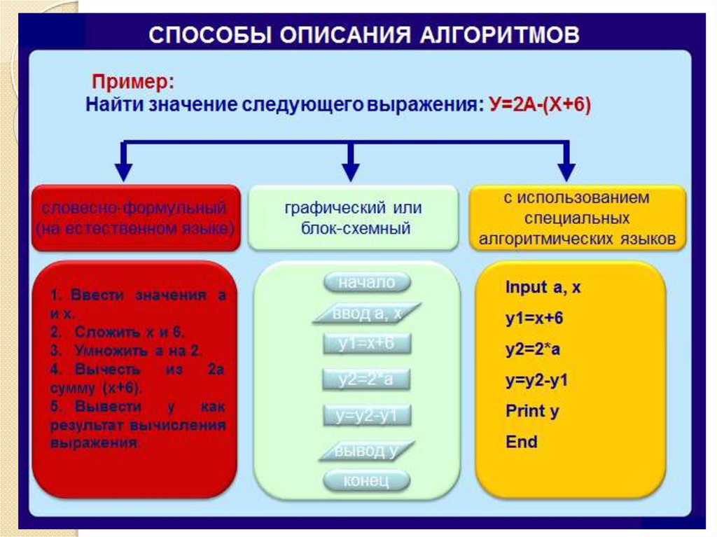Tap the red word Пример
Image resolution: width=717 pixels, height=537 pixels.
131,83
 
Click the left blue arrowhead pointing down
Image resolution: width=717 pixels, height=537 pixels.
124,171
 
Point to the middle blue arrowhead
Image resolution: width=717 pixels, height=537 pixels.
351,171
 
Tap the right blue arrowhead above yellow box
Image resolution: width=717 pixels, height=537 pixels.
566,171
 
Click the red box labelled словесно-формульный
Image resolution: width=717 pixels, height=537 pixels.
134,218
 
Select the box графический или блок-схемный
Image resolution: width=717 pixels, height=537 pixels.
353,218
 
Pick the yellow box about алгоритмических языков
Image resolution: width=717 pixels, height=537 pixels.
576,218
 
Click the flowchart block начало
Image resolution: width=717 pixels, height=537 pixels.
367,283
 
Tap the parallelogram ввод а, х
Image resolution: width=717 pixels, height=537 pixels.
367,314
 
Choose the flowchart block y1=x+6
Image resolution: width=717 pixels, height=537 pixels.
367,344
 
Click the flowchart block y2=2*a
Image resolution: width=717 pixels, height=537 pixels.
367,379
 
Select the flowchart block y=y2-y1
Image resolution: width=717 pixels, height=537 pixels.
367,416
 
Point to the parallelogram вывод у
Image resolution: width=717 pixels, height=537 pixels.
367,451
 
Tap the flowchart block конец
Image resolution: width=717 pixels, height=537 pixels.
366,481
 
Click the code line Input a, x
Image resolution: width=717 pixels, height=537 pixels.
543,288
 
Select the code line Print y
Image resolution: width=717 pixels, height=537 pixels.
531,411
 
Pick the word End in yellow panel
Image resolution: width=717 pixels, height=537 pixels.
521,442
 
